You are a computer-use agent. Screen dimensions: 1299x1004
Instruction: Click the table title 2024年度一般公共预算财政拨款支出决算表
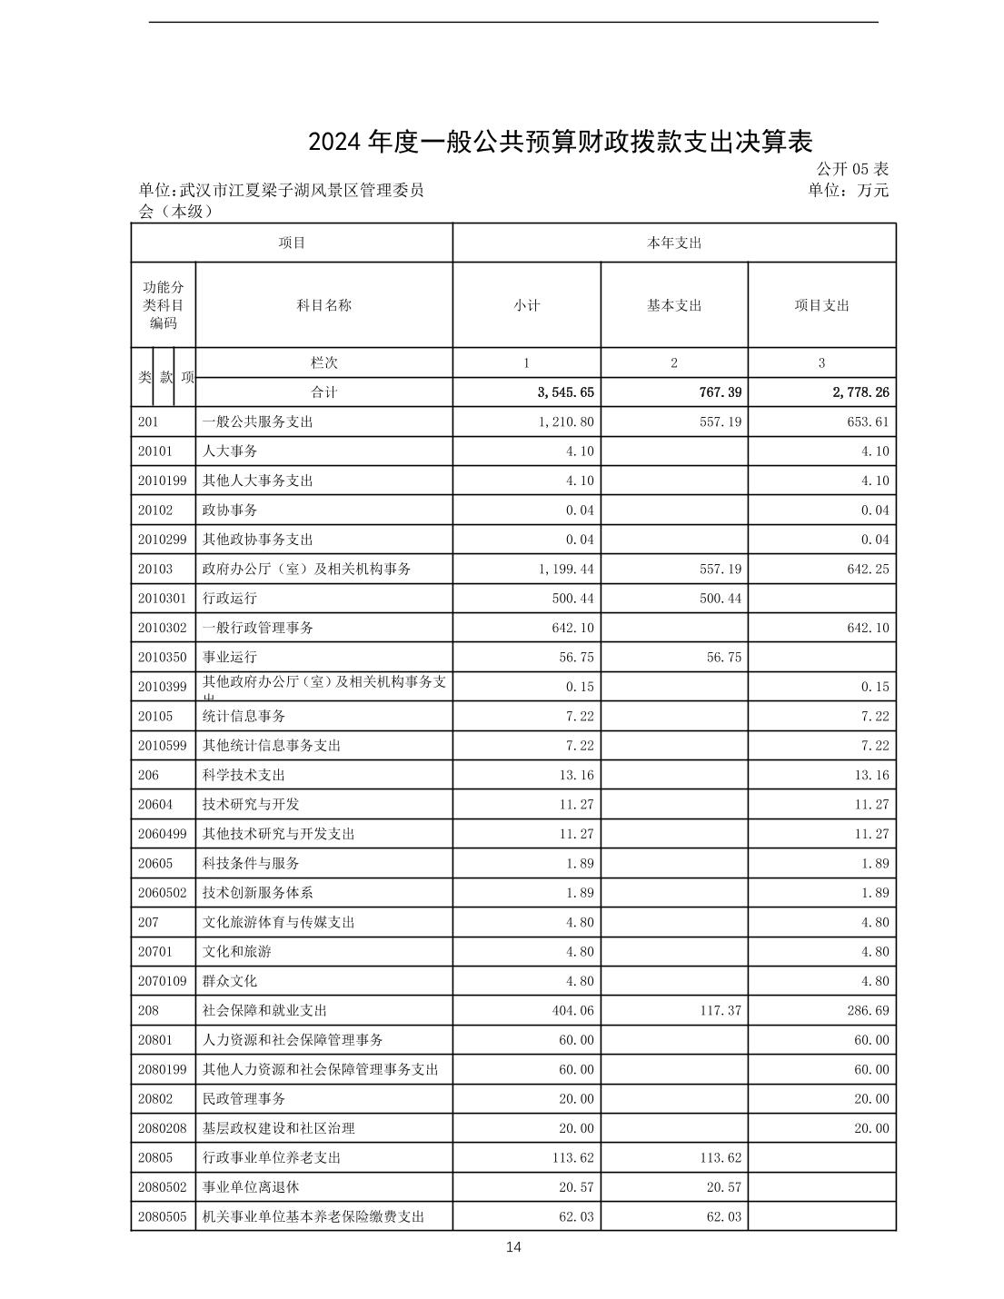tap(559, 142)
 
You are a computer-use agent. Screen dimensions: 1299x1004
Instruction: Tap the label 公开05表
tap(851, 169)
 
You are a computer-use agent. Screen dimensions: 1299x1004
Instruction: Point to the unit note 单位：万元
tap(848, 190)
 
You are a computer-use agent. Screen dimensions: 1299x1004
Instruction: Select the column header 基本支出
tap(673, 305)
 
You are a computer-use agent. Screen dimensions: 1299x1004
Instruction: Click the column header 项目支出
tap(821, 305)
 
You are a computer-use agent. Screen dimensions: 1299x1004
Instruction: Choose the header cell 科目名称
tap(323, 305)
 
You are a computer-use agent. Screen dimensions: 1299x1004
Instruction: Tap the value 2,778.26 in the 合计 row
tap(858, 392)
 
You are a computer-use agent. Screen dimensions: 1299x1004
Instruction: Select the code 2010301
tap(162, 598)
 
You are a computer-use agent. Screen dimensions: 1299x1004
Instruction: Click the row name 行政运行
tap(229, 598)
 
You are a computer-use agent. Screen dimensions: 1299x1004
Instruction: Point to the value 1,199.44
tap(566, 569)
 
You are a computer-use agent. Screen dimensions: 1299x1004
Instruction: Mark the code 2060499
tap(162, 834)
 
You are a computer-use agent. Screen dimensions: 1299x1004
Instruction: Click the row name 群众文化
tap(229, 981)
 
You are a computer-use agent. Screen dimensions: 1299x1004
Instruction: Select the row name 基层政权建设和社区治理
tap(278, 1128)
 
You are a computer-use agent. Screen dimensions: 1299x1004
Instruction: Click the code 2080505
tap(162, 1216)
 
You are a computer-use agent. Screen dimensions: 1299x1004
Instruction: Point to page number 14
tap(513, 1247)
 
